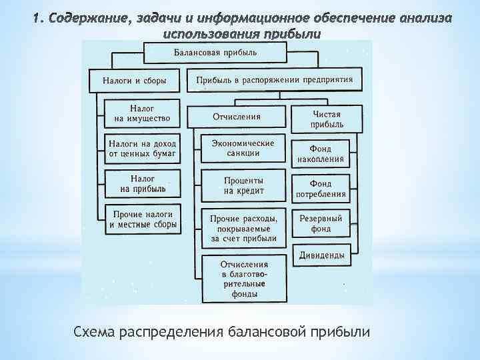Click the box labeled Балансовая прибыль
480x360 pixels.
[215, 53]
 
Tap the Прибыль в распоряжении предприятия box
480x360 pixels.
[275, 81]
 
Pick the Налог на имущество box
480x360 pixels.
[142, 113]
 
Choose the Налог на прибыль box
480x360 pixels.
[142, 184]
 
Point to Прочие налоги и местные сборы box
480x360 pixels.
[142, 220]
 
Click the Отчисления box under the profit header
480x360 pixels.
[237, 117]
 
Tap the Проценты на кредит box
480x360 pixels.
[243, 185]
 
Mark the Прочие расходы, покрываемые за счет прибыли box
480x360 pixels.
[243, 227]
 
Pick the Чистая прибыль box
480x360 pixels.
[327, 119]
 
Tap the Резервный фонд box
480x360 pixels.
[321, 223]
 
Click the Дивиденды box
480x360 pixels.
[321, 255]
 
